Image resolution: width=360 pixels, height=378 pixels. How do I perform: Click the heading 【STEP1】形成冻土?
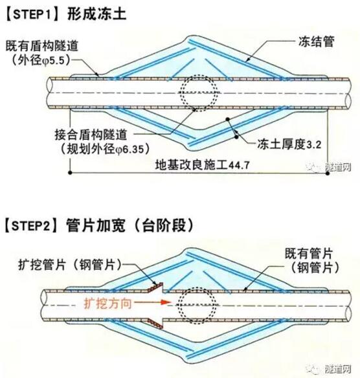(x=65, y=14)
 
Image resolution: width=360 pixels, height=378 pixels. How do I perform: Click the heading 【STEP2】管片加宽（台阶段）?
(x=99, y=225)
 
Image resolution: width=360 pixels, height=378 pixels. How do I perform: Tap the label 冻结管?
(x=317, y=41)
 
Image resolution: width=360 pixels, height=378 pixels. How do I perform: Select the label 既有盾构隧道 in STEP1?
(x=42, y=46)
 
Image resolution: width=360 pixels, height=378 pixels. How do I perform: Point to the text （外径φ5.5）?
(x=41, y=60)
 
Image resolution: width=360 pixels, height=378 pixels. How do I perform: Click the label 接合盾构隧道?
(x=91, y=135)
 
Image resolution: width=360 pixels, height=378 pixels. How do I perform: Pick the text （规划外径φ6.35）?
(x=105, y=150)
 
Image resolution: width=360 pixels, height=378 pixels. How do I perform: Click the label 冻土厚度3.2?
(x=289, y=144)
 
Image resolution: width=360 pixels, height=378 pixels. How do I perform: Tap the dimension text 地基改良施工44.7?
(x=202, y=166)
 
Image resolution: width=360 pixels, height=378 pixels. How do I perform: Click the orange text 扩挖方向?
(x=107, y=304)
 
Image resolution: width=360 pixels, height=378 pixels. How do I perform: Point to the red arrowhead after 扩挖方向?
(x=166, y=302)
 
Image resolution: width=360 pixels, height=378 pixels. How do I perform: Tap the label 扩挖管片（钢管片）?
(x=71, y=265)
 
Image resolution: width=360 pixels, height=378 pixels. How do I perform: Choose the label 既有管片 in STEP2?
(x=309, y=253)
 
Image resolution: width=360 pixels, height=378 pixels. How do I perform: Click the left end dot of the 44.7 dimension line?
(x=70, y=173)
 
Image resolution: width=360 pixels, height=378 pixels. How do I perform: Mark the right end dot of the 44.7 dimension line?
(x=328, y=173)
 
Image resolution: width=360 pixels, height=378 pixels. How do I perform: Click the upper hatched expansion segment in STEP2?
(x=155, y=287)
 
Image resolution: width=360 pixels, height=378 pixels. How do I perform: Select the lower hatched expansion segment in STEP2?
(x=155, y=324)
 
